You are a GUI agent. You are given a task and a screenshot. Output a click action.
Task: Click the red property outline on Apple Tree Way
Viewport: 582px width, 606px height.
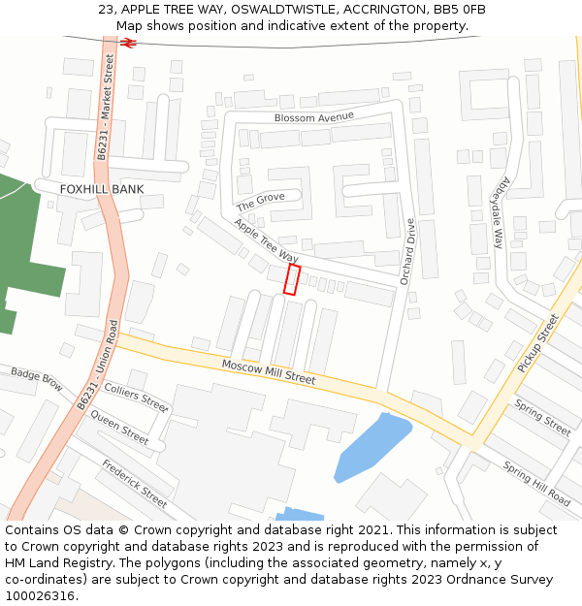(x=291, y=279)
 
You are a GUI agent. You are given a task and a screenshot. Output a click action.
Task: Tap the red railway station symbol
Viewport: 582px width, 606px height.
(x=128, y=43)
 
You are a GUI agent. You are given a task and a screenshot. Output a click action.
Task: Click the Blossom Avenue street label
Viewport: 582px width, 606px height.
(x=314, y=117)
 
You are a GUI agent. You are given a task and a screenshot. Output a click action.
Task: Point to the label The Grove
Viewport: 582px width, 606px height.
(x=261, y=201)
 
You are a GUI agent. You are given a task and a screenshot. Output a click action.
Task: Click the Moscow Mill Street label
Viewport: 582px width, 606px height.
(x=269, y=372)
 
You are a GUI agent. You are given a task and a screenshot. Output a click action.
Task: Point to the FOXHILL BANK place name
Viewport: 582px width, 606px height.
(x=101, y=189)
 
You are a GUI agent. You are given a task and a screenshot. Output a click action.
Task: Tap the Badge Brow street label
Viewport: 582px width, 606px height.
(x=36, y=378)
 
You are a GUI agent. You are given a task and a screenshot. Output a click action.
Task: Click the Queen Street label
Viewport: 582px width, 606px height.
(x=119, y=428)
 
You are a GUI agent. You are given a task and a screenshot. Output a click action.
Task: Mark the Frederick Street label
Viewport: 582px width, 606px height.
(x=134, y=482)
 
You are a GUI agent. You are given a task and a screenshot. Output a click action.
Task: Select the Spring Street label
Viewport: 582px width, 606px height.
(x=542, y=416)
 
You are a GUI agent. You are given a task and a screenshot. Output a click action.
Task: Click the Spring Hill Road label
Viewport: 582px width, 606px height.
(x=536, y=482)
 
